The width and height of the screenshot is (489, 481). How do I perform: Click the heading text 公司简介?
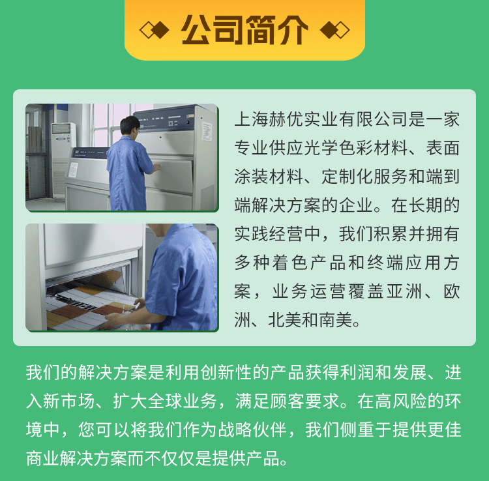click(244, 30)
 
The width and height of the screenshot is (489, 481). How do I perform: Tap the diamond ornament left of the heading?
click(155, 30)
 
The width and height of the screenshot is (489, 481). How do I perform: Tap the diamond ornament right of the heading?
click(334, 30)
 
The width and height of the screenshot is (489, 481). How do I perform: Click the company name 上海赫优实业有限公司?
click(321, 119)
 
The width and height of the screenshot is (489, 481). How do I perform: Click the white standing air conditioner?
click(63, 160)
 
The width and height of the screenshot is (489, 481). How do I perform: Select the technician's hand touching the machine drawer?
click(156, 168)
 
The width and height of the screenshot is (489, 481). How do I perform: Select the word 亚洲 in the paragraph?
click(404, 292)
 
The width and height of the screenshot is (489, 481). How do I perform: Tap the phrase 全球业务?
click(182, 401)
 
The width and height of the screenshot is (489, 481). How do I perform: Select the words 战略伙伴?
click(252, 430)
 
